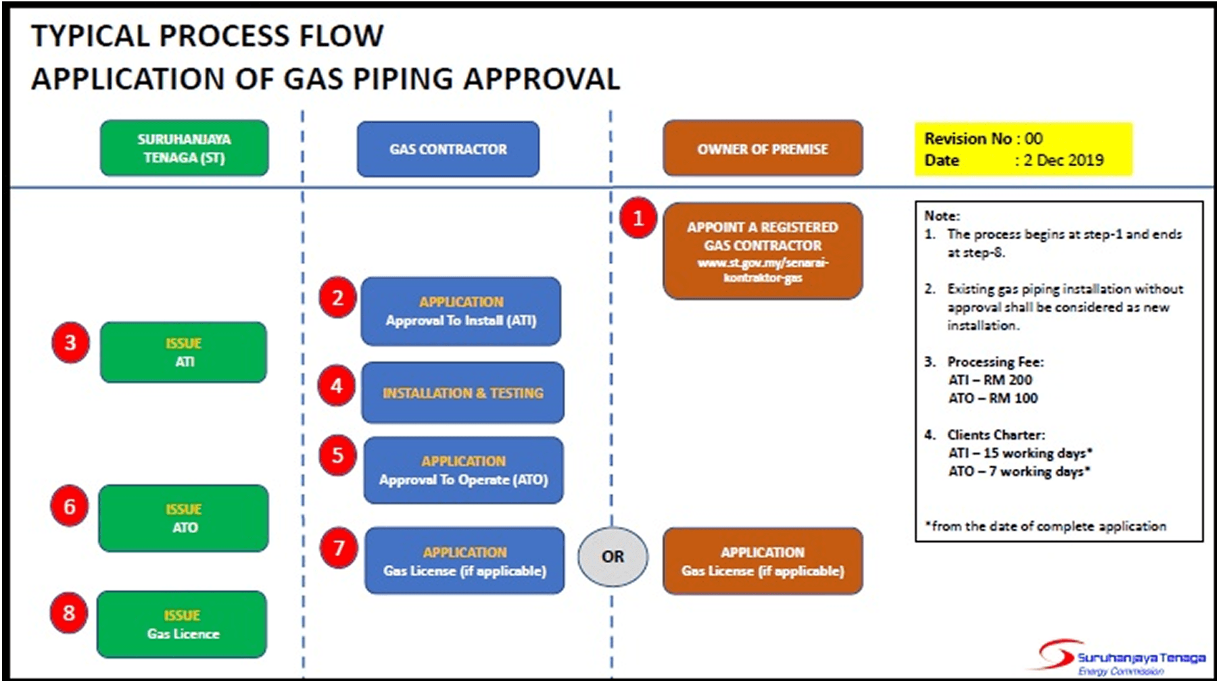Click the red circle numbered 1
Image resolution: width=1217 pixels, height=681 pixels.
tap(638, 218)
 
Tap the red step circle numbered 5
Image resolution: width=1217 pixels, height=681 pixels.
tap(337, 455)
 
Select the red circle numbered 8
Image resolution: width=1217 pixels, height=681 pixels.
tap(69, 613)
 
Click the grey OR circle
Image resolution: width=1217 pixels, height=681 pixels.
tap(613, 557)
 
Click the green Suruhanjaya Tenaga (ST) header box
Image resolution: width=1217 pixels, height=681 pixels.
tap(184, 148)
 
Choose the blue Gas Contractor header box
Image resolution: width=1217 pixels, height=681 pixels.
tap(448, 149)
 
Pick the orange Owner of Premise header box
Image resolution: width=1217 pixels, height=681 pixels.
tap(763, 149)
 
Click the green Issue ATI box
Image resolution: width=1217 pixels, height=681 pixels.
tap(184, 352)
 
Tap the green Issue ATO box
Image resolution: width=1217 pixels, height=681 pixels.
tap(184, 518)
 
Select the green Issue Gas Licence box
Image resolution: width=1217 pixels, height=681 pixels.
tap(183, 624)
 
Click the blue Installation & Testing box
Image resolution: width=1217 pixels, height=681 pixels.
tap(462, 393)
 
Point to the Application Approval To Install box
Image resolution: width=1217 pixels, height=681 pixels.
tap(461, 311)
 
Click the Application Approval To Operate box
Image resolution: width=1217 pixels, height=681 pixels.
tap(463, 470)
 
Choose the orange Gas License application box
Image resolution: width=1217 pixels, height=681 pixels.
tap(763, 561)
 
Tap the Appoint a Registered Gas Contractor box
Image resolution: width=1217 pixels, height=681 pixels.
tap(763, 251)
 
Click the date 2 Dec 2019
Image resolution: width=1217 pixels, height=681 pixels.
tap(1064, 161)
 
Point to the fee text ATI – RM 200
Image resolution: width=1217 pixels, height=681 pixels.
tap(990, 380)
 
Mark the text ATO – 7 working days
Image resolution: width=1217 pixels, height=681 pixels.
tap(1019, 472)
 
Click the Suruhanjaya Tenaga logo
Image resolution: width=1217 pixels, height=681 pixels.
tap(1120, 658)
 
